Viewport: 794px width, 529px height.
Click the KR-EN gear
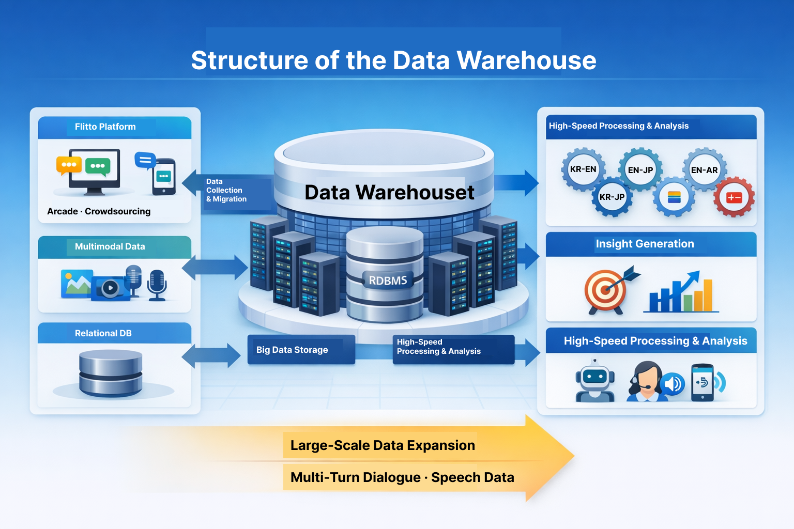(583, 169)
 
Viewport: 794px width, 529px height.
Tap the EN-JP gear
(640, 170)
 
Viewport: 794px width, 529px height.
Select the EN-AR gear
(704, 170)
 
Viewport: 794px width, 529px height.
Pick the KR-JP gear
(612, 197)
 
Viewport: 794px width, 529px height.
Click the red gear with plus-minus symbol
(734, 197)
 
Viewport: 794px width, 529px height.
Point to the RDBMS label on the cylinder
(388, 281)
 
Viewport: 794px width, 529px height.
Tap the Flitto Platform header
(105, 127)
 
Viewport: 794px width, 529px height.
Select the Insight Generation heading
(645, 244)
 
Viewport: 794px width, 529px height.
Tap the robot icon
(595, 381)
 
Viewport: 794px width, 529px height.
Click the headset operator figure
(645, 381)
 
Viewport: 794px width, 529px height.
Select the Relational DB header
(103, 333)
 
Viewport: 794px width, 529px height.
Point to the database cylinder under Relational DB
(111, 373)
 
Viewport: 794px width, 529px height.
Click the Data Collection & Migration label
(226, 190)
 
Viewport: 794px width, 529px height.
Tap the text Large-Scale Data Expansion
(383, 445)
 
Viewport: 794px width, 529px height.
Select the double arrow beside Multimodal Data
(215, 268)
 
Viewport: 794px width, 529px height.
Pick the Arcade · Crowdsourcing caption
(99, 211)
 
